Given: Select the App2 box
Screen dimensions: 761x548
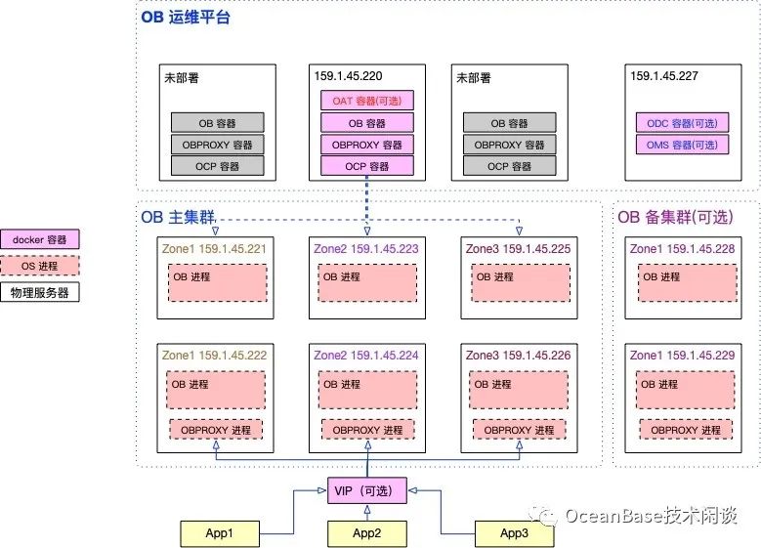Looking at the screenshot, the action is point(366,533).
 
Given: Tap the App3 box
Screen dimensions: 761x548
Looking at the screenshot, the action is point(514,533).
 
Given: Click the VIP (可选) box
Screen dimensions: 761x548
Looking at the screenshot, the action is point(366,488).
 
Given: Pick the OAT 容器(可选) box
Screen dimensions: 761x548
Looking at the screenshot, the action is point(366,101).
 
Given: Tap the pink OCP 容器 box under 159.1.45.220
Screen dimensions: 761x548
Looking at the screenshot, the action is point(366,166).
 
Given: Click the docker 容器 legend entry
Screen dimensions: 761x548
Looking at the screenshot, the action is point(40,239).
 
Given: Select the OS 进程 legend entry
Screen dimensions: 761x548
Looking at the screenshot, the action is point(40,266).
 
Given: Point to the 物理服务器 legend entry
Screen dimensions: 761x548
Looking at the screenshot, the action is point(40,291).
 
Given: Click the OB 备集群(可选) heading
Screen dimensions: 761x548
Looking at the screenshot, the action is point(675,216).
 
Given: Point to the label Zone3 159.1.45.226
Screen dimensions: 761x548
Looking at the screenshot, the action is point(518,355).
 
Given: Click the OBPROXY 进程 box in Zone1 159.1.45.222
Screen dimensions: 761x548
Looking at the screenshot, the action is point(217,430).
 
